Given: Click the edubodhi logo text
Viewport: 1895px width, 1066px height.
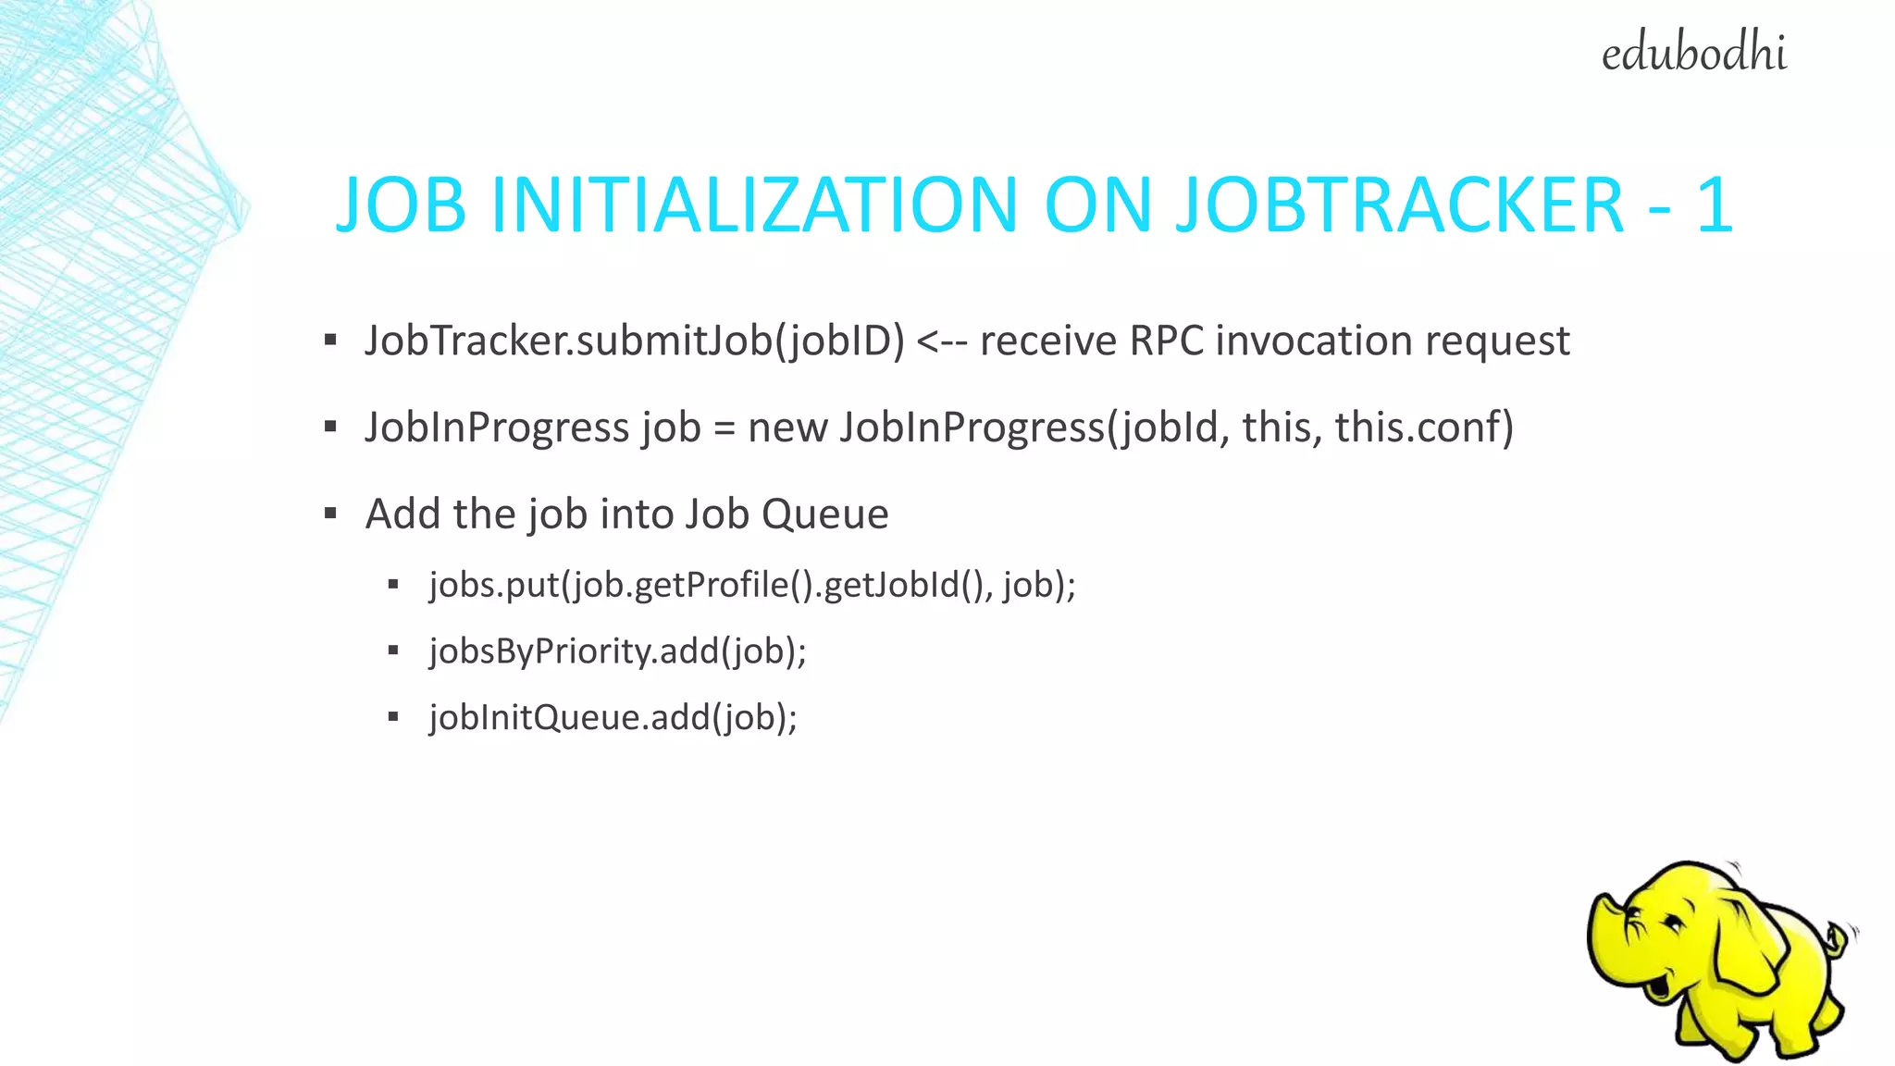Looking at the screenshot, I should point(1693,54).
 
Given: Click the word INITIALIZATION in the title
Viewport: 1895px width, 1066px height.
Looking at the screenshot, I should point(754,205).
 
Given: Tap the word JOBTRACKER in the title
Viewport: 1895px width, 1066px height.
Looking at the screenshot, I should point(1399,205).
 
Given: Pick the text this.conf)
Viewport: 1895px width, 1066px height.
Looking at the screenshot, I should point(1424,428).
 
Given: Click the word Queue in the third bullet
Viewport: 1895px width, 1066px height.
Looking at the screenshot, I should point(824,514).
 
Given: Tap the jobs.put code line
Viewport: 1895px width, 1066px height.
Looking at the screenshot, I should point(752,585).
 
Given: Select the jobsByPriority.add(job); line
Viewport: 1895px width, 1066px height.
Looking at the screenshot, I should point(617,651).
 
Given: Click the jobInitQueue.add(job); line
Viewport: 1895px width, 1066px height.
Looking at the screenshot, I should point(613,718).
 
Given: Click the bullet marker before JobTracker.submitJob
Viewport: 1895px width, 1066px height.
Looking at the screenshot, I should point(330,341).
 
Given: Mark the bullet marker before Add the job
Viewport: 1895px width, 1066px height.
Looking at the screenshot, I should point(330,514).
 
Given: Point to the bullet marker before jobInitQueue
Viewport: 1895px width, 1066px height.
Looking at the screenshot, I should point(393,717).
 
